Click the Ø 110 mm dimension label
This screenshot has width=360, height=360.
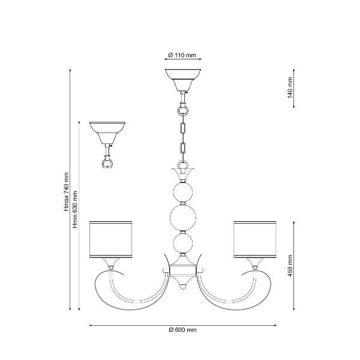tap(182, 55)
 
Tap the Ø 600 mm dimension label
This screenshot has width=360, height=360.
tap(183, 329)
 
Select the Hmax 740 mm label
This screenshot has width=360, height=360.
tap(67, 192)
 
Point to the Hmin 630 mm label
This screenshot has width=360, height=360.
tap(75, 209)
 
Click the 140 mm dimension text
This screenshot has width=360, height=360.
tap(290, 88)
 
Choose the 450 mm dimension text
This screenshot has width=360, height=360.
tap(290, 265)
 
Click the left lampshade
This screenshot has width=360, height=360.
tap(110, 239)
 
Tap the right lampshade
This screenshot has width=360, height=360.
tap(255, 239)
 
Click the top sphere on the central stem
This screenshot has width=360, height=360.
tap(183, 193)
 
